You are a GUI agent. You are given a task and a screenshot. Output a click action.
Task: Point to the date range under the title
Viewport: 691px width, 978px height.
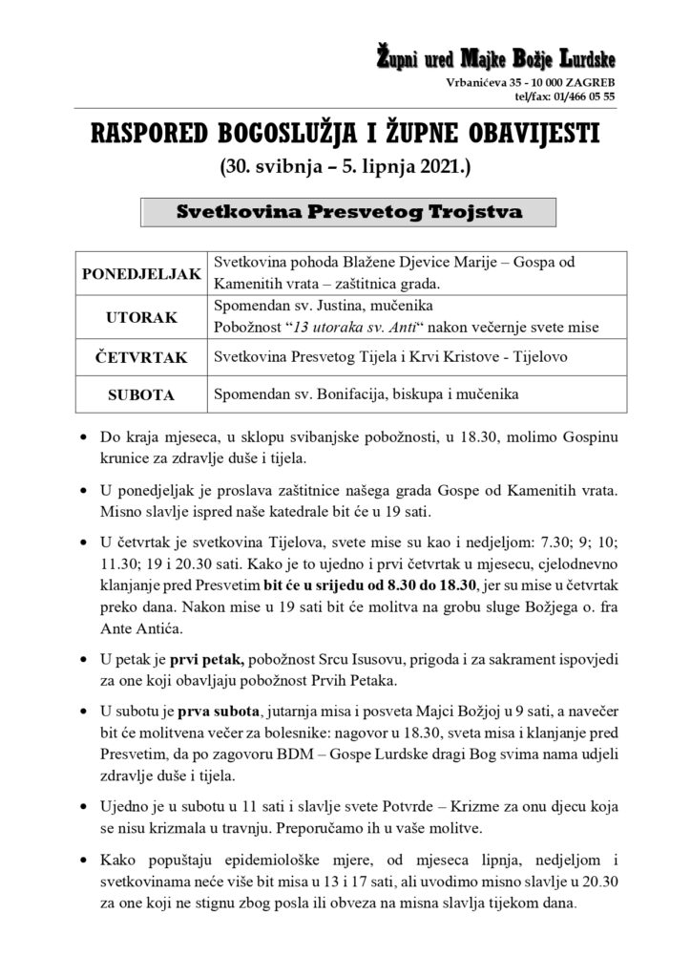tap(345, 170)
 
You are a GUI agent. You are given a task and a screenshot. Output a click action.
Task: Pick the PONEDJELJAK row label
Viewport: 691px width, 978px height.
tap(141, 274)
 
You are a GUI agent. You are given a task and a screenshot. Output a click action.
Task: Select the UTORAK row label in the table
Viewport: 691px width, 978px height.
tap(141, 316)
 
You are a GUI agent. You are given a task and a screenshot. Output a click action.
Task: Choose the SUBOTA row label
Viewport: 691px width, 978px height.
tap(141, 393)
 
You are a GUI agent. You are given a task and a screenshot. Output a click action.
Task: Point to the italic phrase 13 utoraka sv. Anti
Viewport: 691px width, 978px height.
tap(347, 328)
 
